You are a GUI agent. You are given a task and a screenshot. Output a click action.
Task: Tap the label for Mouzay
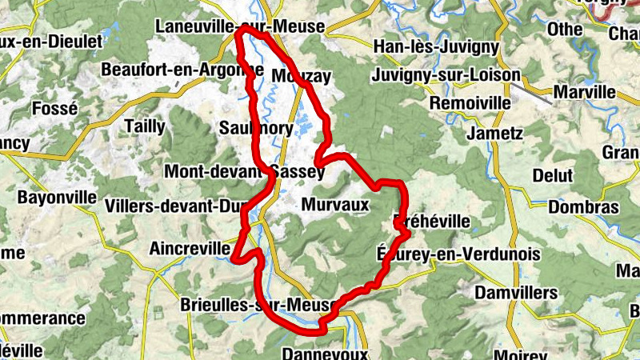[x=301, y=76]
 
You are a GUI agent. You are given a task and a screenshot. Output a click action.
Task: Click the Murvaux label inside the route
[x=335, y=205]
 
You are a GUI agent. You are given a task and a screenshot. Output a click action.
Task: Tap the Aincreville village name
[x=190, y=249]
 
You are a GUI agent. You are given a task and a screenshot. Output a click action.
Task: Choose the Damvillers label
[x=516, y=293]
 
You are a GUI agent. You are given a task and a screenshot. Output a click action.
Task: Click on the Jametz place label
[x=495, y=133]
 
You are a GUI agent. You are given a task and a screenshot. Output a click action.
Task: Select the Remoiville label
[x=470, y=103]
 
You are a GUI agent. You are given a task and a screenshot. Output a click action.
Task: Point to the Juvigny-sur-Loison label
[x=446, y=77]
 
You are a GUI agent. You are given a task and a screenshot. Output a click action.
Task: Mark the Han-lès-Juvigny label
[x=436, y=47]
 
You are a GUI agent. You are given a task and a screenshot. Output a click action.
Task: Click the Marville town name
[x=588, y=92]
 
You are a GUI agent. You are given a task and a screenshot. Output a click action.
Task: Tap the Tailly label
[x=145, y=126]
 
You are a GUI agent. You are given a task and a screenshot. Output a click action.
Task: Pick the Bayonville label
[x=56, y=197]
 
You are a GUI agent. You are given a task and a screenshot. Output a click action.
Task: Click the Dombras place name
[x=583, y=206]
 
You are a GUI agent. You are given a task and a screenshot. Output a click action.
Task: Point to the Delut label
[x=553, y=175]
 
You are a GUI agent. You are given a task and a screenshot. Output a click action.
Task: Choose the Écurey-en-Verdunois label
[x=458, y=254]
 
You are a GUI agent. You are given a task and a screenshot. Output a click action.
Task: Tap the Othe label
[x=565, y=29]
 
